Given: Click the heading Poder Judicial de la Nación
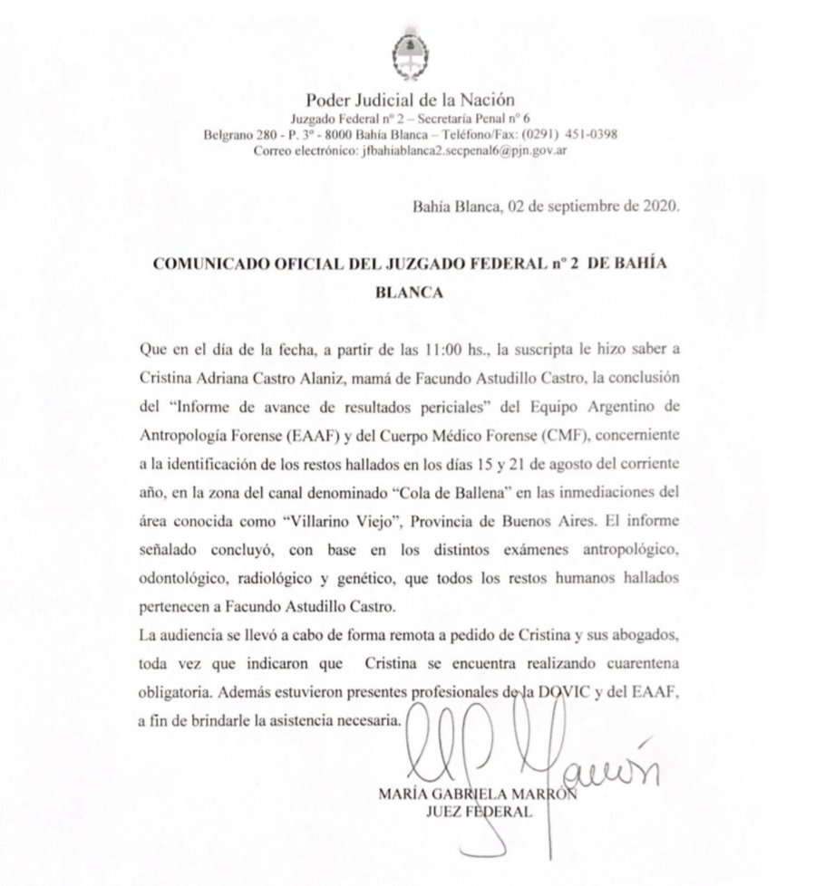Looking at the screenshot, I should [x=412, y=101].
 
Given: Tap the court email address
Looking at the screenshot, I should [x=463, y=150].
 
